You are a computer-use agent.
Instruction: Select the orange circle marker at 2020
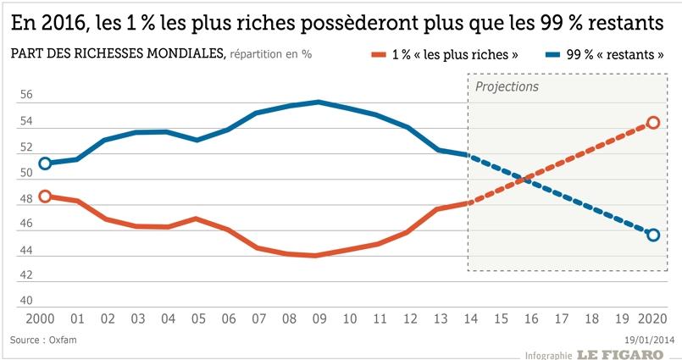pyautogui.click(x=652, y=123)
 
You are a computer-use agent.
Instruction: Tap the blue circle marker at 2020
pyautogui.click(x=652, y=235)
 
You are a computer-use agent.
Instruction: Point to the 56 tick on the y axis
pyautogui.click(x=27, y=96)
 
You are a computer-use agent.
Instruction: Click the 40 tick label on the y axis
pyautogui.click(x=27, y=300)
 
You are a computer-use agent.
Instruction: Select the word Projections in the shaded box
pyautogui.click(x=507, y=87)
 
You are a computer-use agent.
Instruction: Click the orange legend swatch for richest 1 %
pyautogui.click(x=378, y=54)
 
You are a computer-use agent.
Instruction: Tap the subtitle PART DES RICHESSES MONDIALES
pyautogui.click(x=117, y=54)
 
